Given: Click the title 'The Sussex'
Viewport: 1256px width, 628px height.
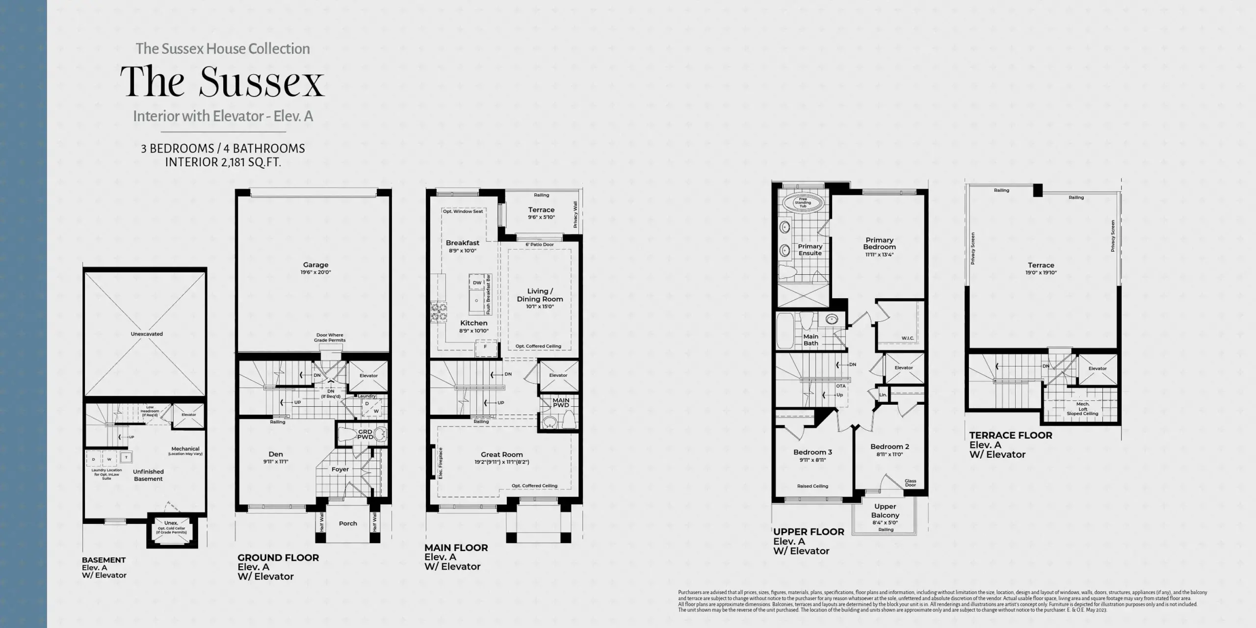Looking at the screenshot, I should click(222, 81).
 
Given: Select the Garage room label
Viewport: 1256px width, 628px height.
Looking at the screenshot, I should click(315, 265).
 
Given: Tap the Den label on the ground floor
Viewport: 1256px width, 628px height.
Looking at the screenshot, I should click(276, 454).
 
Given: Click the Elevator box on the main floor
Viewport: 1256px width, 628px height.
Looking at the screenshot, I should click(558, 375).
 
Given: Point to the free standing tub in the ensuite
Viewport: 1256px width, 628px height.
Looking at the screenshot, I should click(803, 203).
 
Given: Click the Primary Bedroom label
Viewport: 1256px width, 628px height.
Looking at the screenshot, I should click(879, 243).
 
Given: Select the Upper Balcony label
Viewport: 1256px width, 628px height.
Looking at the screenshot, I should click(885, 511).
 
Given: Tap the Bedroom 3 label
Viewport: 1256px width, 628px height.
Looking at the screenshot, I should click(812, 452).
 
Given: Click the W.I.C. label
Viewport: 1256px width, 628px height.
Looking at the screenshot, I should click(907, 339).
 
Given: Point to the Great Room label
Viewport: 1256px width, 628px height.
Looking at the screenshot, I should click(501, 455).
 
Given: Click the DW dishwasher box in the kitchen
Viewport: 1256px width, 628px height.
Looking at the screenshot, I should click(477, 283).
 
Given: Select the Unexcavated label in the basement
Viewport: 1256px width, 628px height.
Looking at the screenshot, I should click(147, 334).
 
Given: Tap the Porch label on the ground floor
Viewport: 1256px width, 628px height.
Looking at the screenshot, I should click(348, 523).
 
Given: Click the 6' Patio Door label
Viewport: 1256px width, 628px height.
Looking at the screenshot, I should click(540, 244).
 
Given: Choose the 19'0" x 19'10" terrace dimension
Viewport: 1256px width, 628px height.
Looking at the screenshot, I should click(1041, 273).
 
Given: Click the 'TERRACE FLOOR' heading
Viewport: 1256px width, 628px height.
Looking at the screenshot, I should click(1011, 435).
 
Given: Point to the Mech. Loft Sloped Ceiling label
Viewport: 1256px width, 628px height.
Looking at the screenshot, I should click(1082, 409).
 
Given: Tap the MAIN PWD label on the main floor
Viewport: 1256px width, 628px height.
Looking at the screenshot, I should click(561, 403).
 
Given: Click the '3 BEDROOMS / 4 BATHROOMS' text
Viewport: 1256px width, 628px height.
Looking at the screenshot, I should click(223, 149).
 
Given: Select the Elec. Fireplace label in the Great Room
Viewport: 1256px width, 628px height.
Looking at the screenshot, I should click(441, 463).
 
